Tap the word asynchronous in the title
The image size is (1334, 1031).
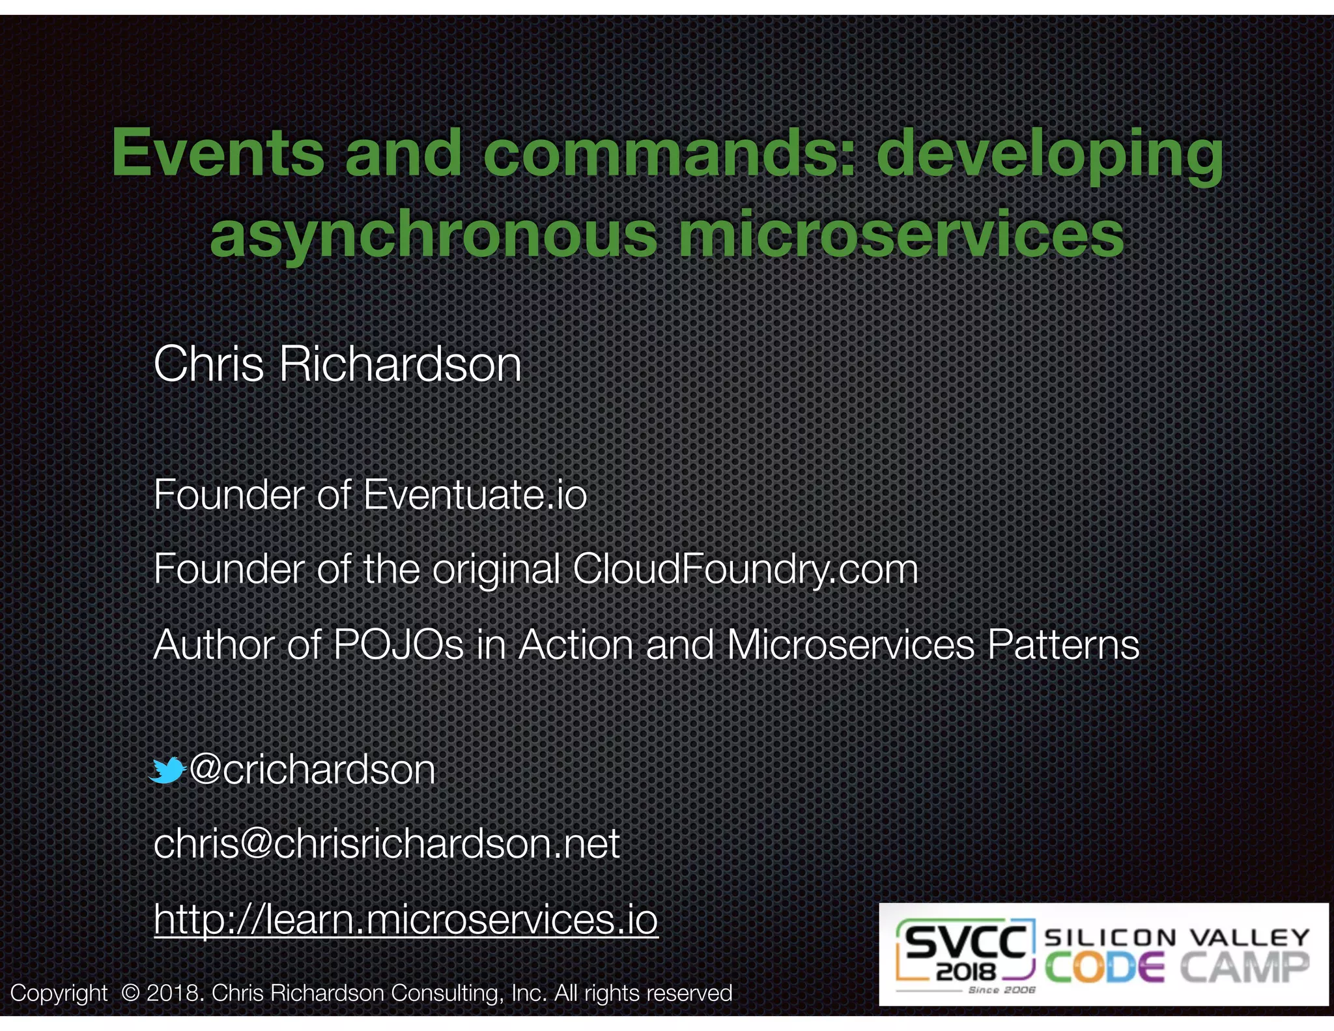coord(433,235)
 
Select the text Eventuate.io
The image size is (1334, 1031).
coord(475,495)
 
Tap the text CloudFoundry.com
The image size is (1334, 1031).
coord(745,569)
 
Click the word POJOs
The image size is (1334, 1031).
coord(398,645)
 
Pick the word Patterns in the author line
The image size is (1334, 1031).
coord(1063,645)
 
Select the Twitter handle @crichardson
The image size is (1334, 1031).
coord(312,770)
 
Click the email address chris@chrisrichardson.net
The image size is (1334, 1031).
coord(387,844)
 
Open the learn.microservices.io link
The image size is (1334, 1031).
coord(406,919)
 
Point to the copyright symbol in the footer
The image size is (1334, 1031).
coord(130,993)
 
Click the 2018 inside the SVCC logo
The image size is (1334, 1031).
coord(966,973)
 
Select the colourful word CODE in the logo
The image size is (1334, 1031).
coord(1105,968)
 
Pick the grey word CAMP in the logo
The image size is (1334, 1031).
coord(1244,968)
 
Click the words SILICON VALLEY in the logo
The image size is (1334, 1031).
coord(1176,937)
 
